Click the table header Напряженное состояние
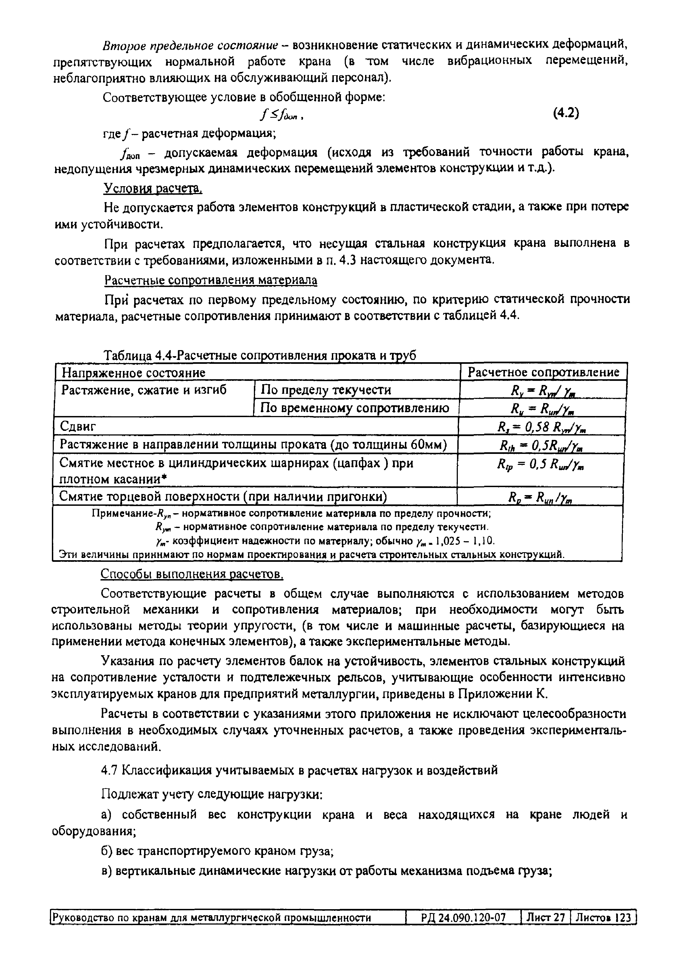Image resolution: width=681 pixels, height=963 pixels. pos(133,372)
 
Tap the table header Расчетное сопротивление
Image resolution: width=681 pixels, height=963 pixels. pos(543,372)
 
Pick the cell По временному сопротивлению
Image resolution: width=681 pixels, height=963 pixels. pos(354,408)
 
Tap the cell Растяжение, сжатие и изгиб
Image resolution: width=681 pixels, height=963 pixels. pos(144,390)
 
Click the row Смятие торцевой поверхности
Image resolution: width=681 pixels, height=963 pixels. pos(222,496)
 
